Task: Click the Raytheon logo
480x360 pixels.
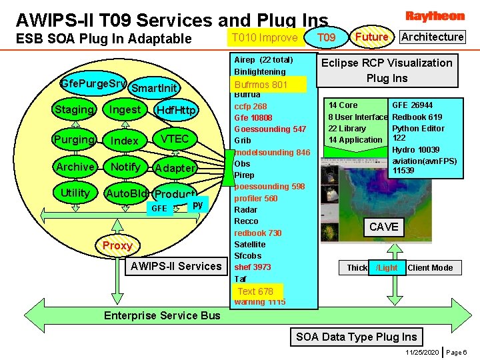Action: tap(435, 16)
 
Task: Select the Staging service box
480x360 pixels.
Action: tap(74, 109)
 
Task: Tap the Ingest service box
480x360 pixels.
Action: tap(125, 109)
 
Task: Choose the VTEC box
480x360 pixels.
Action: tap(175, 139)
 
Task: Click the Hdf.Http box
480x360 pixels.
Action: tap(175, 110)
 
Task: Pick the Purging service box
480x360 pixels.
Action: tap(74, 139)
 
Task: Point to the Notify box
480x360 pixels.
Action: tap(125, 167)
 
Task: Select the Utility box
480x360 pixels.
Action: tap(75, 193)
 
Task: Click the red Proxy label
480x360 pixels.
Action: tap(117, 245)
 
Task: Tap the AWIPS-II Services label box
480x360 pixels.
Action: tap(176, 266)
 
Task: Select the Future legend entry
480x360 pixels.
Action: tap(372, 37)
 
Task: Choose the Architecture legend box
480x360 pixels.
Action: tap(433, 37)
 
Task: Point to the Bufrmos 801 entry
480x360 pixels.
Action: tap(261, 85)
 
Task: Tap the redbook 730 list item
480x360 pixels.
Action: tap(257, 233)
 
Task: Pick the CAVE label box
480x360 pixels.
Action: tap(383, 227)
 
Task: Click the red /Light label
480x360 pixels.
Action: tap(387, 267)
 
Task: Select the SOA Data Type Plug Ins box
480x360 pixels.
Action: tap(357, 337)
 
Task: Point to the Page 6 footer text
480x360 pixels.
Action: tap(457, 351)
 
